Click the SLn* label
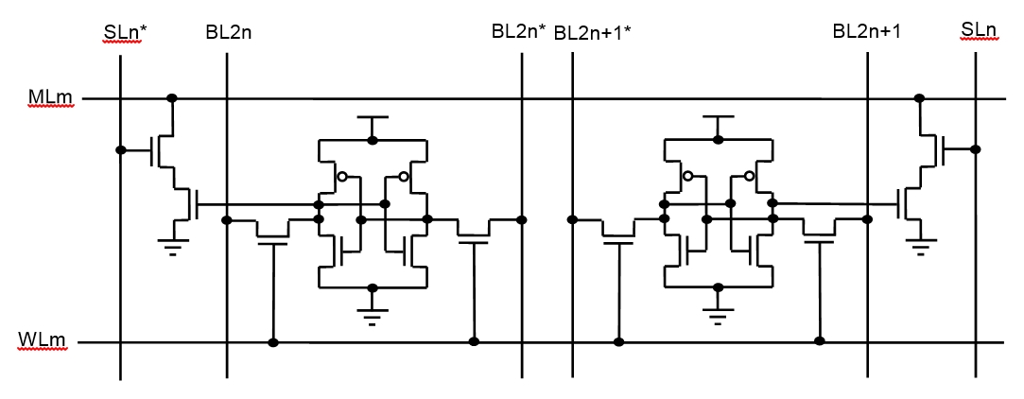click(x=126, y=34)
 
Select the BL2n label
click(x=228, y=32)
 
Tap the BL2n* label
click(x=518, y=32)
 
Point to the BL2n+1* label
click(x=593, y=33)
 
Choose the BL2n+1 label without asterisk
click(x=866, y=32)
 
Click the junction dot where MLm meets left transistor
click(x=172, y=98)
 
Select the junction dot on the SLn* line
click(x=121, y=150)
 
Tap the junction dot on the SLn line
click(x=975, y=149)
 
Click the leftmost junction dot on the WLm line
click(x=273, y=341)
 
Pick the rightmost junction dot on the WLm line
click(x=820, y=341)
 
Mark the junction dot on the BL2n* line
click(x=522, y=220)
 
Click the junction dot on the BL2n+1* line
click(x=572, y=220)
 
